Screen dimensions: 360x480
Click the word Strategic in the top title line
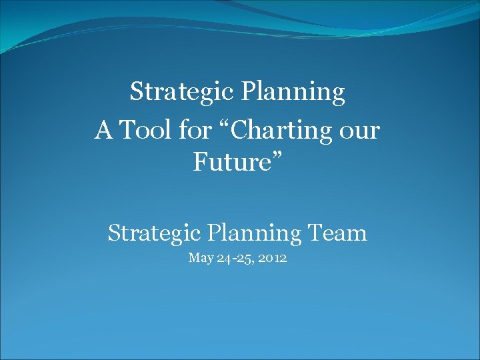173,91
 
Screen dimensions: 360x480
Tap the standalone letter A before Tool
103,130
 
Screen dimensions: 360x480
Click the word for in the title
195,130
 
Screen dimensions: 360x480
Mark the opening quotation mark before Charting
222,124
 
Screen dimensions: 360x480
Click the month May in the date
200,258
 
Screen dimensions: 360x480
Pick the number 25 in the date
243,257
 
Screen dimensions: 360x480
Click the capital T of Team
317,233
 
